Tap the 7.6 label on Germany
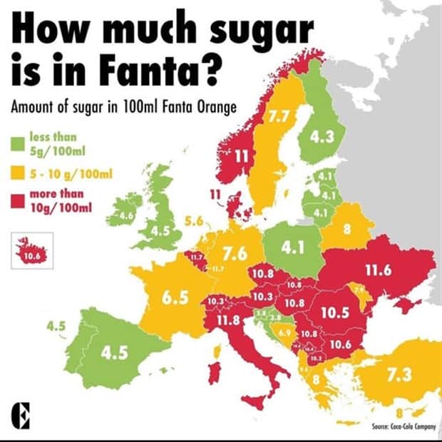[x=235, y=253]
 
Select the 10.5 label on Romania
[x=333, y=312]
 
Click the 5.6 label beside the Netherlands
[x=194, y=222]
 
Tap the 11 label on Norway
[x=242, y=155]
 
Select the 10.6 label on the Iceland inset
[x=31, y=256]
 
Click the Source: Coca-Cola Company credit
[x=403, y=427]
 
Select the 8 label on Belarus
[x=346, y=230]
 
